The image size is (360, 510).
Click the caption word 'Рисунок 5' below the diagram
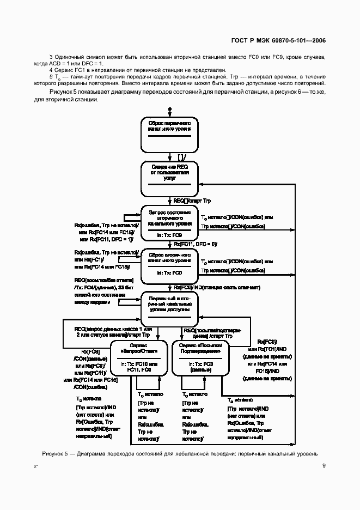[x=57, y=453]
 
